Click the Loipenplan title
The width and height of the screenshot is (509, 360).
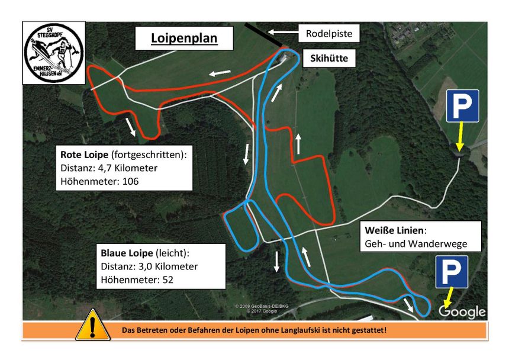pyautogui.click(x=184, y=38)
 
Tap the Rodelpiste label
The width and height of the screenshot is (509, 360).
pyautogui.click(x=328, y=34)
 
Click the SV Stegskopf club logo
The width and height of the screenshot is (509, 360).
pyautogui.click(x=53, y=54)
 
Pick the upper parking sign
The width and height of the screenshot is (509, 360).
pyautogui.click(x=462, y=107)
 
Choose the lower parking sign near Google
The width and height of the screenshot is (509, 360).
pyautogui.click(x=452, y=272)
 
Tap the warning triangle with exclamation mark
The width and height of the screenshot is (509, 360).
pyautogui.click(x=92, y=327)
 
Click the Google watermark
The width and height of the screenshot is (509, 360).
pyautogui.click(x=462, y=311)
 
